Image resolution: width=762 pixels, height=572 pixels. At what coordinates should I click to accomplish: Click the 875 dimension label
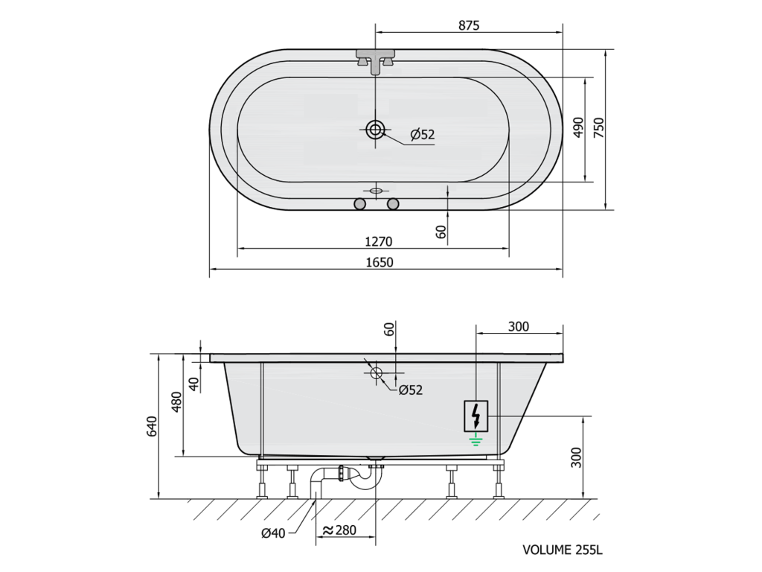(x=469, y=25)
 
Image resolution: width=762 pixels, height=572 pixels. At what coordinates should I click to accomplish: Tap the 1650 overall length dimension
(x=379, y=263)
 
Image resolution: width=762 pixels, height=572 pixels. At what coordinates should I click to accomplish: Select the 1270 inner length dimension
(x=378, y=242)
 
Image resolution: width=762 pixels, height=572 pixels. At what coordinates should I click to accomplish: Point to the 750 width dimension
(x=599, y=127)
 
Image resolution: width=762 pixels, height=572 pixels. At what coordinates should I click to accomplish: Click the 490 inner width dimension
(x=577, y=127)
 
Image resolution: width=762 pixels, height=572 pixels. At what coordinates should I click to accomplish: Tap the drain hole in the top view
(x=375, y=130)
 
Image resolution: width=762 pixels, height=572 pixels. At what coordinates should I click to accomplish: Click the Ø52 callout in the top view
(x=423, y=135)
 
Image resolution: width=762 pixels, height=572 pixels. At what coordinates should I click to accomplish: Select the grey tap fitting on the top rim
(x=375, y=61)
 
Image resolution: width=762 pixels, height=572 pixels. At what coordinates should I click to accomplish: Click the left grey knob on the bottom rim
(x=359, y=203)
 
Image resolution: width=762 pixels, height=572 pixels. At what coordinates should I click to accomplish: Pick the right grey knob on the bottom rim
(x=393, y=203)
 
